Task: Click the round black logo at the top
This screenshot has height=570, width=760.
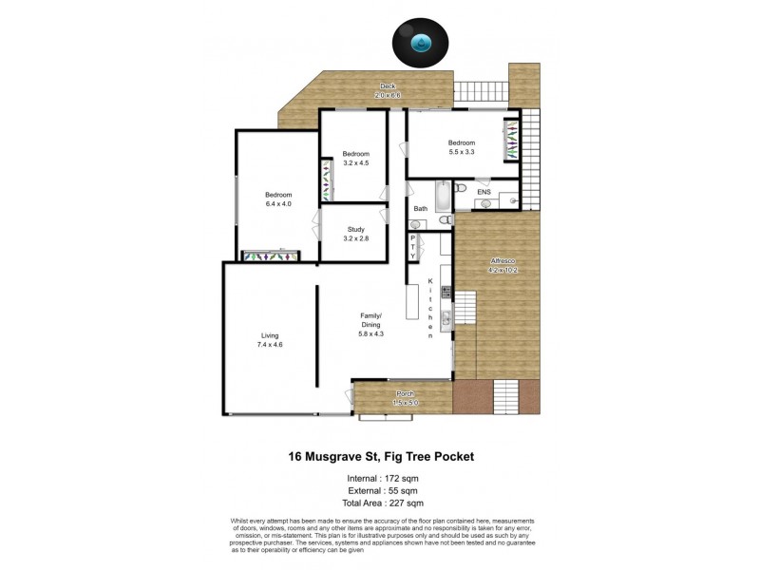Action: point(421,44)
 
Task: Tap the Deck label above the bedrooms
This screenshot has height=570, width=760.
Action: point(388,91)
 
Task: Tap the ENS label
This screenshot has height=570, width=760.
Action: point(484,193)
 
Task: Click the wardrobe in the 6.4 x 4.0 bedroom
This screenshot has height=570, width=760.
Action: point(272,255)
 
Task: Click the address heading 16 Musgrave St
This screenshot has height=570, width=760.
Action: point(381,456)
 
